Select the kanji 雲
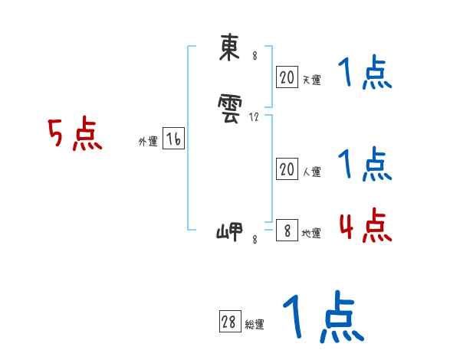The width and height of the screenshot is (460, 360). [228, 113]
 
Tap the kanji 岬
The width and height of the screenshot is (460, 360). [229, 231]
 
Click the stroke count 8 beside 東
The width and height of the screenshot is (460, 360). [255, 57]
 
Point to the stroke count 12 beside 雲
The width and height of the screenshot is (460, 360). [255, 117]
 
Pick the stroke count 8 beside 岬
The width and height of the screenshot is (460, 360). [255, 240]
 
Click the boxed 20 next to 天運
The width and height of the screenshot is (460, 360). [287, 77]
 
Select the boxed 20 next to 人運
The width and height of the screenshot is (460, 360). [287, 169]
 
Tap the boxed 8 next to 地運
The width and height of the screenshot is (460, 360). [287, 231]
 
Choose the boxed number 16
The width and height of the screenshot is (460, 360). [173, 139]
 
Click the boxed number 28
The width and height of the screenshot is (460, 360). [228, 322]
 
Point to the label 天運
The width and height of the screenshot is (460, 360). [311, 79]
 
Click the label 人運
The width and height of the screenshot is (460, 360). [311, 172]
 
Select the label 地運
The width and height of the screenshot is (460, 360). [311, 234]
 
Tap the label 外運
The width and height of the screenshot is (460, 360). [147, 142]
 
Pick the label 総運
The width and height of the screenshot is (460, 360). [254, 326]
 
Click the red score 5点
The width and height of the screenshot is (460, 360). [75, 136]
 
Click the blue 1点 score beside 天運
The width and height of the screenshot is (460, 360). [365, 74]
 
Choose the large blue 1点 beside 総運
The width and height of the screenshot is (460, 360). [322, 316]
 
